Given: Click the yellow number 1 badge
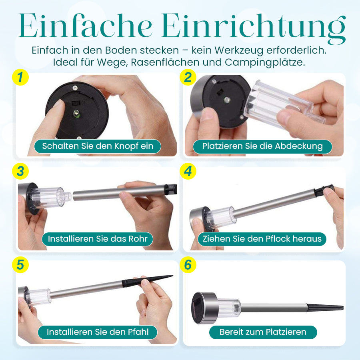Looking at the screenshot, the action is coord(20,77).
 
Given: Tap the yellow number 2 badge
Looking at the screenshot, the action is coord(188,77).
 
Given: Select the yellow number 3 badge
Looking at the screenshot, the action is coord(20,171).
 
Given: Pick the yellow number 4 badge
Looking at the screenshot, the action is coord(188,171).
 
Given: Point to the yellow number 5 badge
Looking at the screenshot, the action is coord(20,265).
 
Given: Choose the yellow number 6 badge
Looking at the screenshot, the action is coord(188,265).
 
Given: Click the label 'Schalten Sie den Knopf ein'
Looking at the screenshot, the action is coord(98,146).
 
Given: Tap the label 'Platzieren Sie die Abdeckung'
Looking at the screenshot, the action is coord(262,146).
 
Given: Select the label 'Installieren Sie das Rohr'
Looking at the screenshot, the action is coord(97,239).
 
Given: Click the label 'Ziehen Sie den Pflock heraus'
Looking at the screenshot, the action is coord(262,239).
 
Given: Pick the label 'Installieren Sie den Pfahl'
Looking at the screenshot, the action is coord(98,332).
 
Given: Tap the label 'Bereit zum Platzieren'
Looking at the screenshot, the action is coord(263,332).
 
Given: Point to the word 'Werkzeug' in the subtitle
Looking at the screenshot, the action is coord(239,50).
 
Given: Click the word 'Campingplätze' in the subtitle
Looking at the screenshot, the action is coord(265,62).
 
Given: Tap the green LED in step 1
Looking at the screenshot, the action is coord(76,114).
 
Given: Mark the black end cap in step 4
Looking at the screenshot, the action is coord(324,190).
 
